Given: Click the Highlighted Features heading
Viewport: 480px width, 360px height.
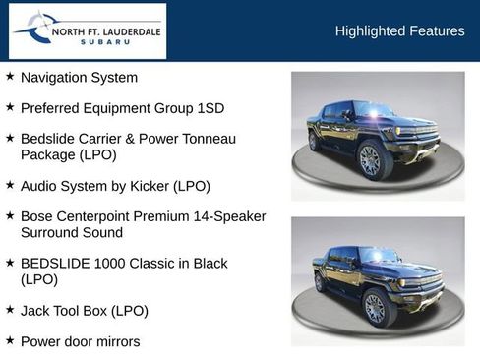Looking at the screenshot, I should tap(399, 31).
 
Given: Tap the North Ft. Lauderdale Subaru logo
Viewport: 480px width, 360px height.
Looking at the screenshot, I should tap(88, 31).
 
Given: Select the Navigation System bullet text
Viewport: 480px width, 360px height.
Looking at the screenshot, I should tap(79, 77).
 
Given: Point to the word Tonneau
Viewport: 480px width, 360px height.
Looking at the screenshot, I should tap(210, 139).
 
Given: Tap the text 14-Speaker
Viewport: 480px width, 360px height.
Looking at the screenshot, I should tap(213, 215).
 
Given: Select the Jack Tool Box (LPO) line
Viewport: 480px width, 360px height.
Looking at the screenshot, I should tap(85, 311).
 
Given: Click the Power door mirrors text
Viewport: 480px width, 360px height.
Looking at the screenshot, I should tap(80, 341).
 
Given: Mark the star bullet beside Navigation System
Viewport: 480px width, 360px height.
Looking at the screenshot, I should tap(10, 76).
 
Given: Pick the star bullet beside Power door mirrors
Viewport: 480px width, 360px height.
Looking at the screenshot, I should tap(10, 340).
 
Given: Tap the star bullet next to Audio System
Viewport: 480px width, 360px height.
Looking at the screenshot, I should tap(10, 184).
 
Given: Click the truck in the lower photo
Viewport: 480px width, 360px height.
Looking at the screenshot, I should tap(379, 281).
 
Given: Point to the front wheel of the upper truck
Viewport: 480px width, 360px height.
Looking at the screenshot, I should tap(371, 160).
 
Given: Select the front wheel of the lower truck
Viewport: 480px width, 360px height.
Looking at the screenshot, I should tap(376, 307).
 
